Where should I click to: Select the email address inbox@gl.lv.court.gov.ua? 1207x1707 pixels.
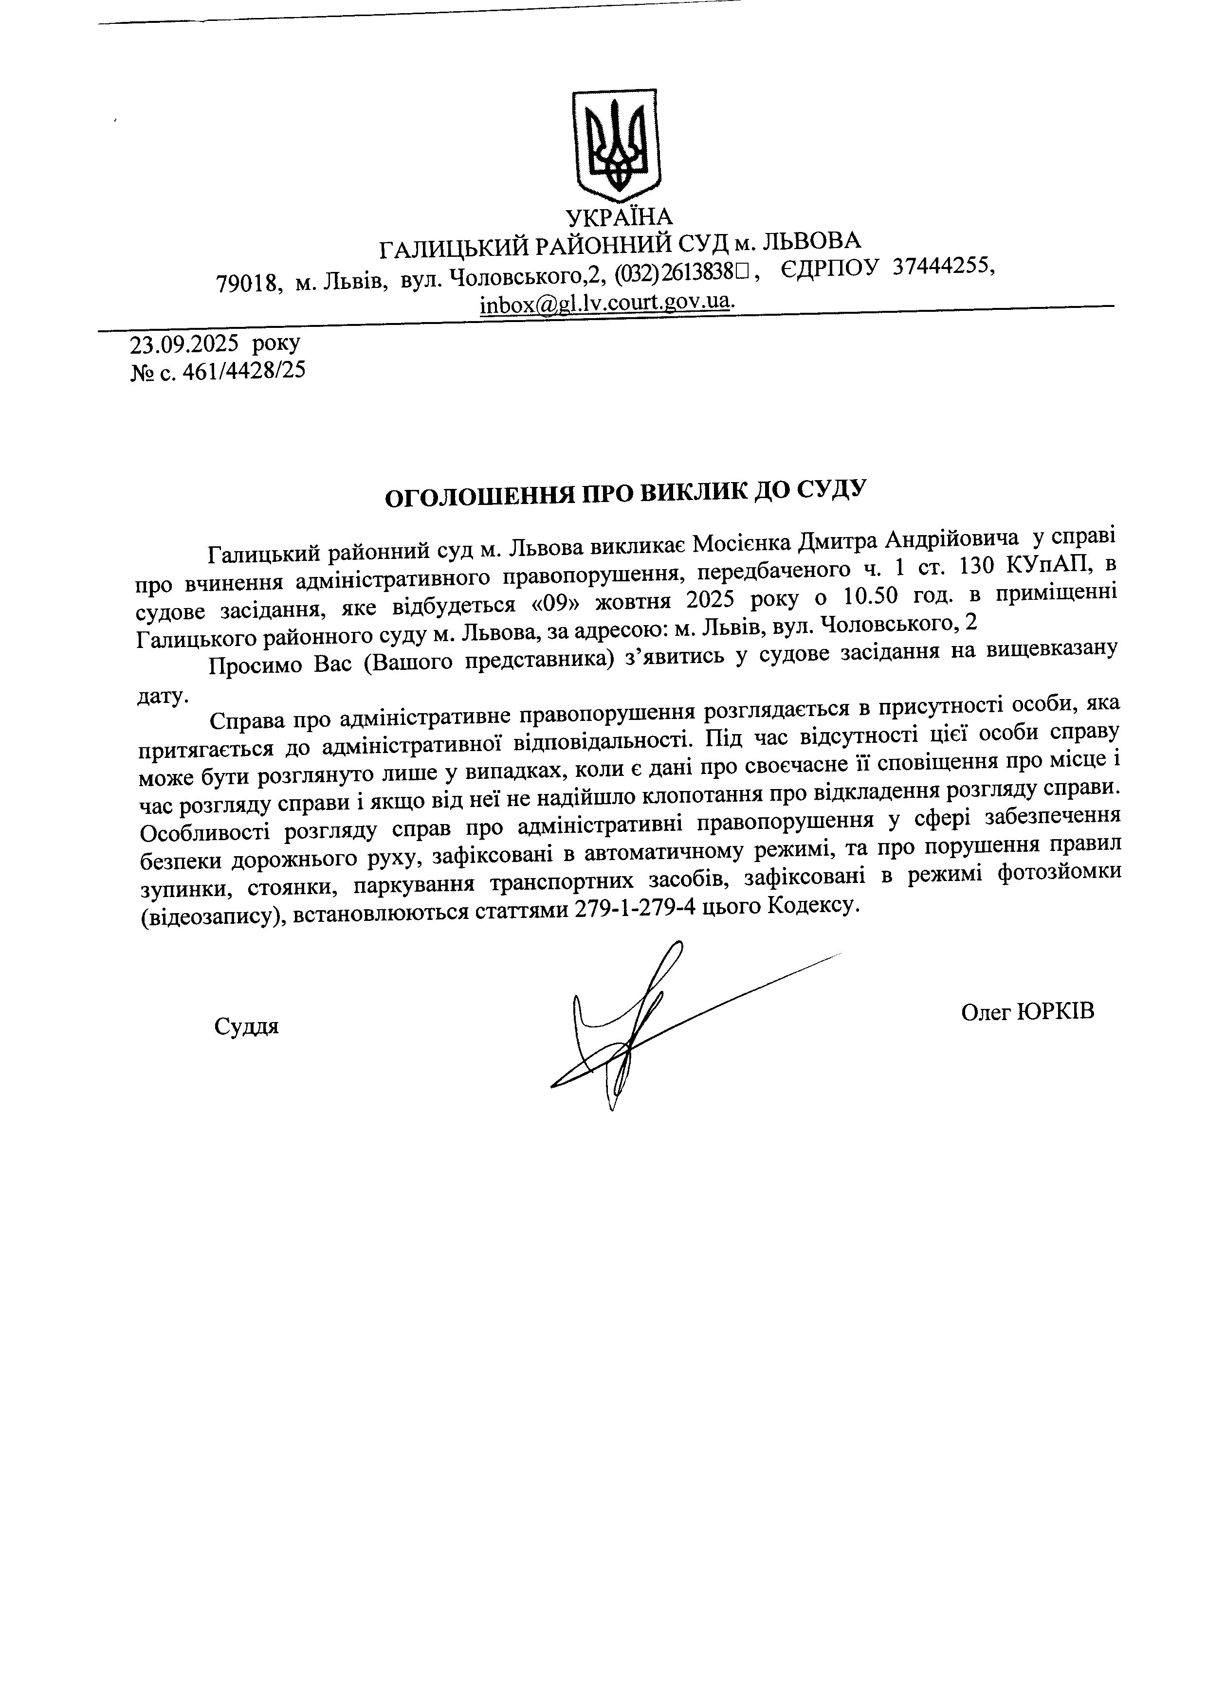pos(606,304)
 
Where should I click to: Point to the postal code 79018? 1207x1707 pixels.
pos(248,283)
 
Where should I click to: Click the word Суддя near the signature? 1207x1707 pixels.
pos(246,1027)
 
